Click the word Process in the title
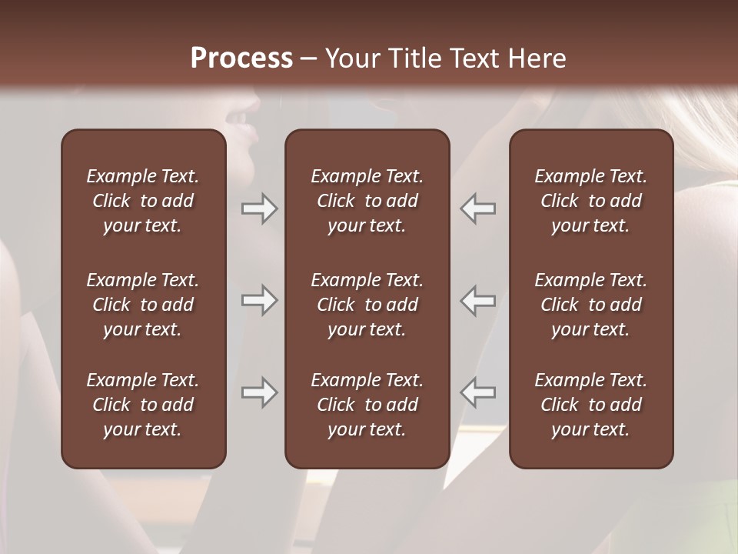point(241,58)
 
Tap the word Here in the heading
point(537,58)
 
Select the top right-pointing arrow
point(259,209)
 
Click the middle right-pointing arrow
point(259,300)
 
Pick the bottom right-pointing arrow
point(259,392)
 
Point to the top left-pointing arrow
point(478,209)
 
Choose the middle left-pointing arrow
point(478,300)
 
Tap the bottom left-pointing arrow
point(478,392)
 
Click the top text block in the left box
point(143,201)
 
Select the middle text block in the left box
point(143,305)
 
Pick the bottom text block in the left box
point(143,405)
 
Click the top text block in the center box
point(367,201)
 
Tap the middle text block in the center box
point(367,305)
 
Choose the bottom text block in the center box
point(367,405)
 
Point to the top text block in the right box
point(590,201)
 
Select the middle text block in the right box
point(590,305)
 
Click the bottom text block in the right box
point(590,405)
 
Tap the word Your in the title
point(351,58)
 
